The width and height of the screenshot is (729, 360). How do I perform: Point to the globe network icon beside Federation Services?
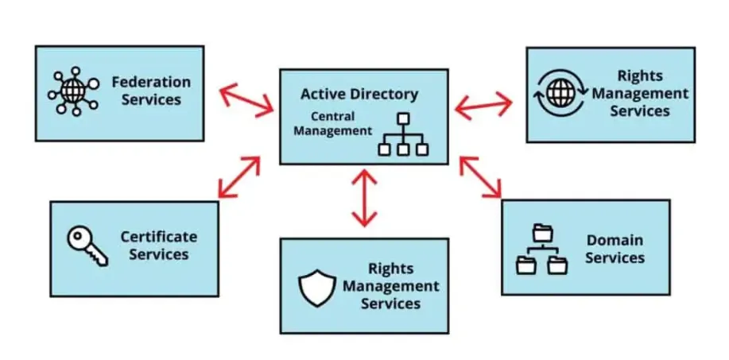72,92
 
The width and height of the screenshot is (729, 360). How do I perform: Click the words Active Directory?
359,95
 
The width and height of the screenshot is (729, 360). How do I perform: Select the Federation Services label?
150,91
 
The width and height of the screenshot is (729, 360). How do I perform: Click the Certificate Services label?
158,246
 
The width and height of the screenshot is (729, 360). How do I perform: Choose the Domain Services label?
615,249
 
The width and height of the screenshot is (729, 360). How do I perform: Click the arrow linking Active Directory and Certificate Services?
238,176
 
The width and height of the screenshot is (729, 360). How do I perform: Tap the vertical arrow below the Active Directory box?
364,198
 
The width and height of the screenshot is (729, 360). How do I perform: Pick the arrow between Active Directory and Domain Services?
481,176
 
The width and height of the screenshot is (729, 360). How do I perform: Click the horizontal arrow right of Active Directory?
483,103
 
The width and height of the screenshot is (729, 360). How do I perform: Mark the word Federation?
150,82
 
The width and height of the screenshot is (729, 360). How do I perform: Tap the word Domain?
615,240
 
